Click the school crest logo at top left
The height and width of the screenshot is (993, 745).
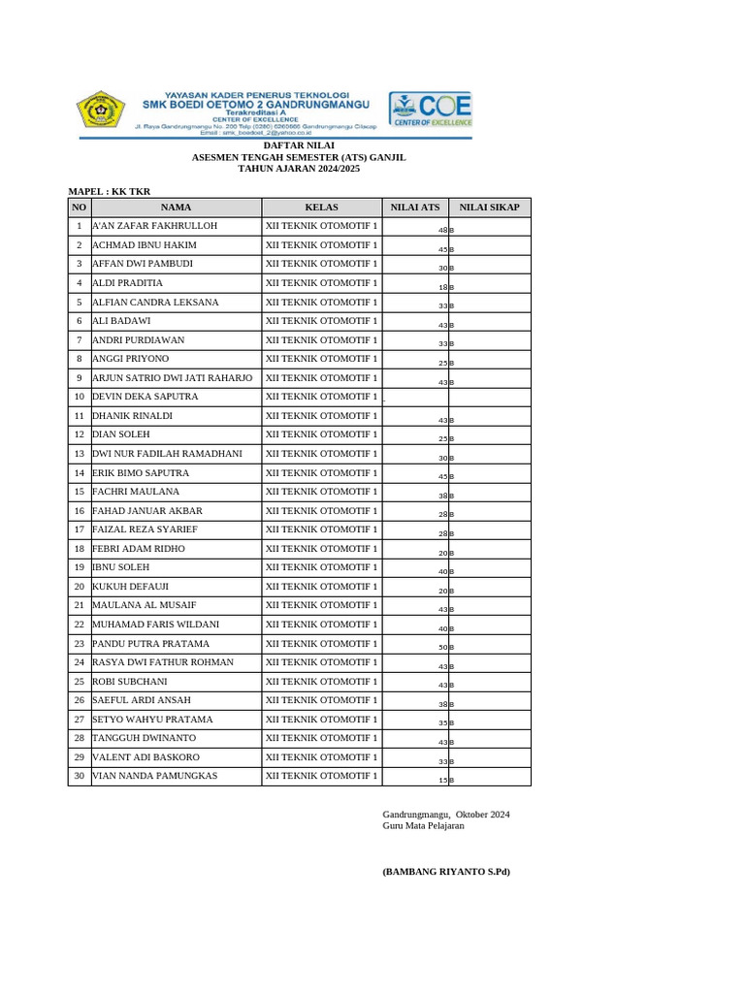(x=101, y=111)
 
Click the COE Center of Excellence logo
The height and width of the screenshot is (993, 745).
(x=431, y=110)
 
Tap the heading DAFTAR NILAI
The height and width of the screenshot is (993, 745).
(x=299, y=144)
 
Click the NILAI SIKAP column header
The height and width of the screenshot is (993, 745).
(x=489, y=208)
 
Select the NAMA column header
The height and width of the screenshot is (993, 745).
(x=176, y=208)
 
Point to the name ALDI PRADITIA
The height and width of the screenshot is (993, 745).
(x=127, y=283)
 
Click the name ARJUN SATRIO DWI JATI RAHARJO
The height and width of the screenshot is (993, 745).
(x=172, y=378)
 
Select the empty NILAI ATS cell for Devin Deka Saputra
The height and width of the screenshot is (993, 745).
(x=415, y=398)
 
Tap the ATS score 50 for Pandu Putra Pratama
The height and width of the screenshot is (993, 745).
(x=442, y=647)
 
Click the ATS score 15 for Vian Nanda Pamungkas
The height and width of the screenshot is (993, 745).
(x=442, y=780)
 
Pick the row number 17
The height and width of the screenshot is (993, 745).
(x=80, y=529)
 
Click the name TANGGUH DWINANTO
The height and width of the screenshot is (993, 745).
(x=143, y=738)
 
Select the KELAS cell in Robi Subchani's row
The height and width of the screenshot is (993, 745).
(x=321, y=682)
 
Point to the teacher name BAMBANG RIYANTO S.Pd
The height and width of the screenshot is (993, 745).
(x=446, y=872)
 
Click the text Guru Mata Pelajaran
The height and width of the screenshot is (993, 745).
(x=423, y=825)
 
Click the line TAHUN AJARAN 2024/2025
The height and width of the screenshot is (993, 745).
(x=299, y=168)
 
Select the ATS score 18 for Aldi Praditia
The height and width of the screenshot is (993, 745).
(x=442, y=287)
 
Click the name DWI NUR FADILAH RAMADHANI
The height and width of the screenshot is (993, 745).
(x=167, y=454)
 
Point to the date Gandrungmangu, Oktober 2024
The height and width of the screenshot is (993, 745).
(x=446, y=815)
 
